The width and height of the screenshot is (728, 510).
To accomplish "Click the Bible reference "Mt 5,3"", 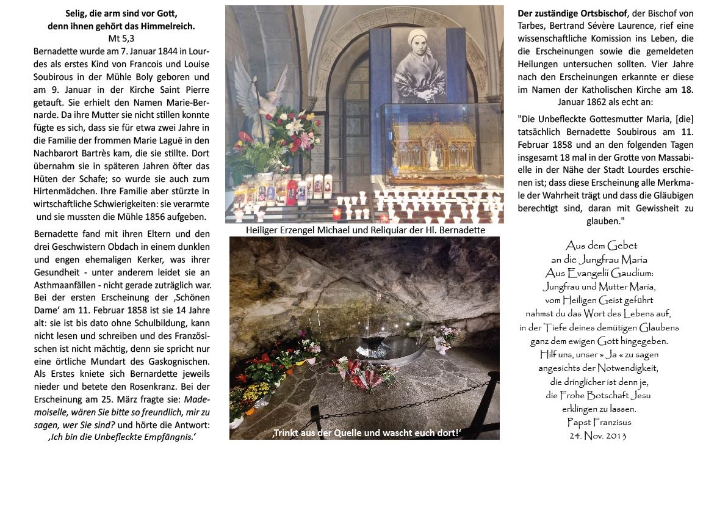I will pos(121,38).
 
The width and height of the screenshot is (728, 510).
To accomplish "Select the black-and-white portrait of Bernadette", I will pos(419,65).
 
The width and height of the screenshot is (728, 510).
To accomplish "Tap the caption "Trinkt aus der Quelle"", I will pos(366,433).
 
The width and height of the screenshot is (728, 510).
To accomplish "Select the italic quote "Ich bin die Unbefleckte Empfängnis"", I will pos(121,437).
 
